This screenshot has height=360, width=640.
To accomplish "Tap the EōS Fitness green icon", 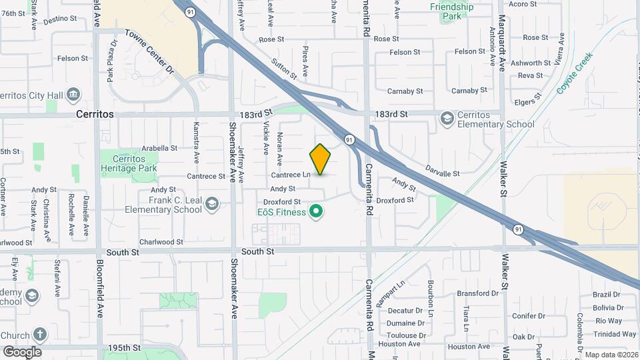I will [317, 213].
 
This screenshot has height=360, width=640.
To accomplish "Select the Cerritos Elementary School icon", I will [447, 119].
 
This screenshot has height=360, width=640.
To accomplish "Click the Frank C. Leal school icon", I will [212, 203].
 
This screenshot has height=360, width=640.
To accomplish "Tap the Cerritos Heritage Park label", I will [129, 164].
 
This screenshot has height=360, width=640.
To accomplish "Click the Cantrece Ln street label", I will [291, 175].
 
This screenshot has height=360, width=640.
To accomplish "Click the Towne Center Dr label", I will [149, 51].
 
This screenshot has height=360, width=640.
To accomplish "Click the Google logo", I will [21, 351].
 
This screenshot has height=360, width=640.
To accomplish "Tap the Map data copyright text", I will [611, 355].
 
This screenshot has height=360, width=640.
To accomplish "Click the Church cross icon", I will [40, 335].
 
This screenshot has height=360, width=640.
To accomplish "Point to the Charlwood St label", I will [161, 242].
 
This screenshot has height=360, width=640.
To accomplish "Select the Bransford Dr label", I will [479, 293].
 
